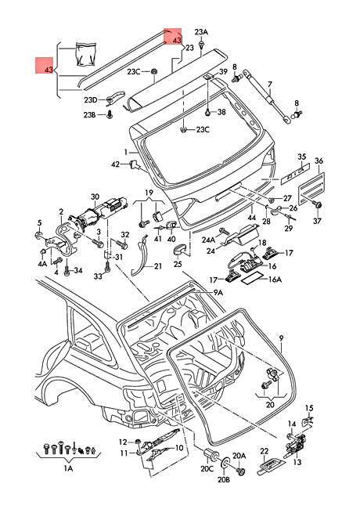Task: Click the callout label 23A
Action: [x=201, y=32]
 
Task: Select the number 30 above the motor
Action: [x=95, y=197]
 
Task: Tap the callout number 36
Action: [x=319, y=161]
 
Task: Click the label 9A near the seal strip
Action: [x=218, y=293]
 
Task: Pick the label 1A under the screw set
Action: [x=68, y=468]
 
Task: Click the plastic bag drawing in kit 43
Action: [x=86, y=54]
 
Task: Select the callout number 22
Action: [x=265, y=451]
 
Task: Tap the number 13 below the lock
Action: [x=297, y=461]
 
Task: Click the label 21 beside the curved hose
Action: [x=157, y=266]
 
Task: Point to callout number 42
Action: [x=116, y=164]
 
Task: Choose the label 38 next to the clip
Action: [x=221, y=112]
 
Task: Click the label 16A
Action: [x=275, y=280]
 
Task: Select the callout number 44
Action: [x=251, y=217]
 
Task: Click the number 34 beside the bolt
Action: [x=77, y=270]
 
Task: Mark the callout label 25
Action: [x=178, y=264]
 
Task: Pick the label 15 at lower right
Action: [x=309, y=408]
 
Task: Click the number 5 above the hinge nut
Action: [x=40, y=222]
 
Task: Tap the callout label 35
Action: [x=302, y=157]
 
